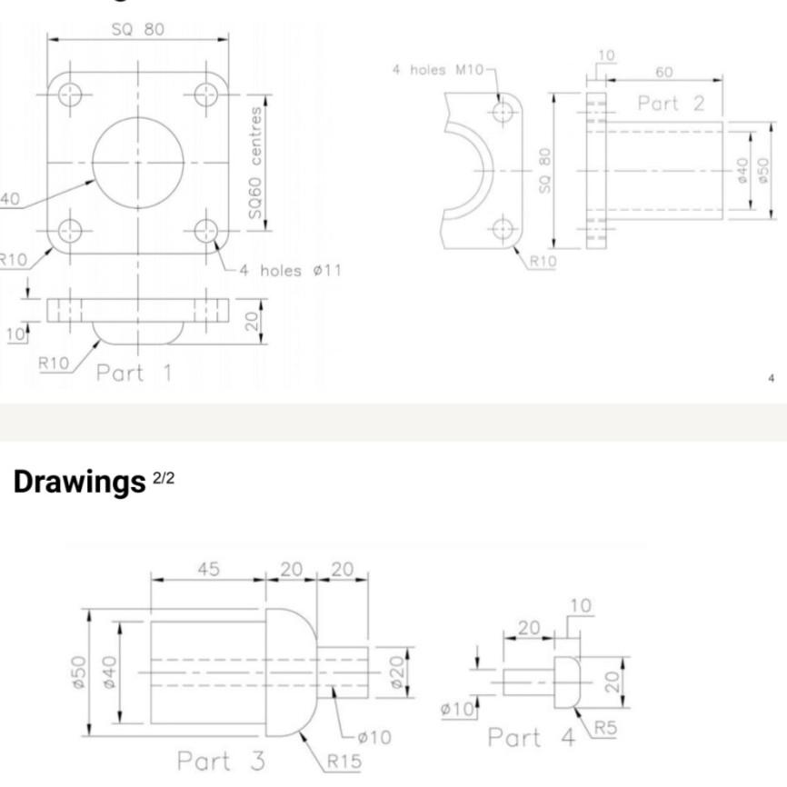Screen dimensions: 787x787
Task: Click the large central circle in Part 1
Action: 138,161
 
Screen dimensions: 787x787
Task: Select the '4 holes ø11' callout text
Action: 290,271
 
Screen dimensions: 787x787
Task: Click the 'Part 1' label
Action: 134,373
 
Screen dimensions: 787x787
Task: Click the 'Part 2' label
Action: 671,104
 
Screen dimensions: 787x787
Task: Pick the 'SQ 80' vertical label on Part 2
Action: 544,171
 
